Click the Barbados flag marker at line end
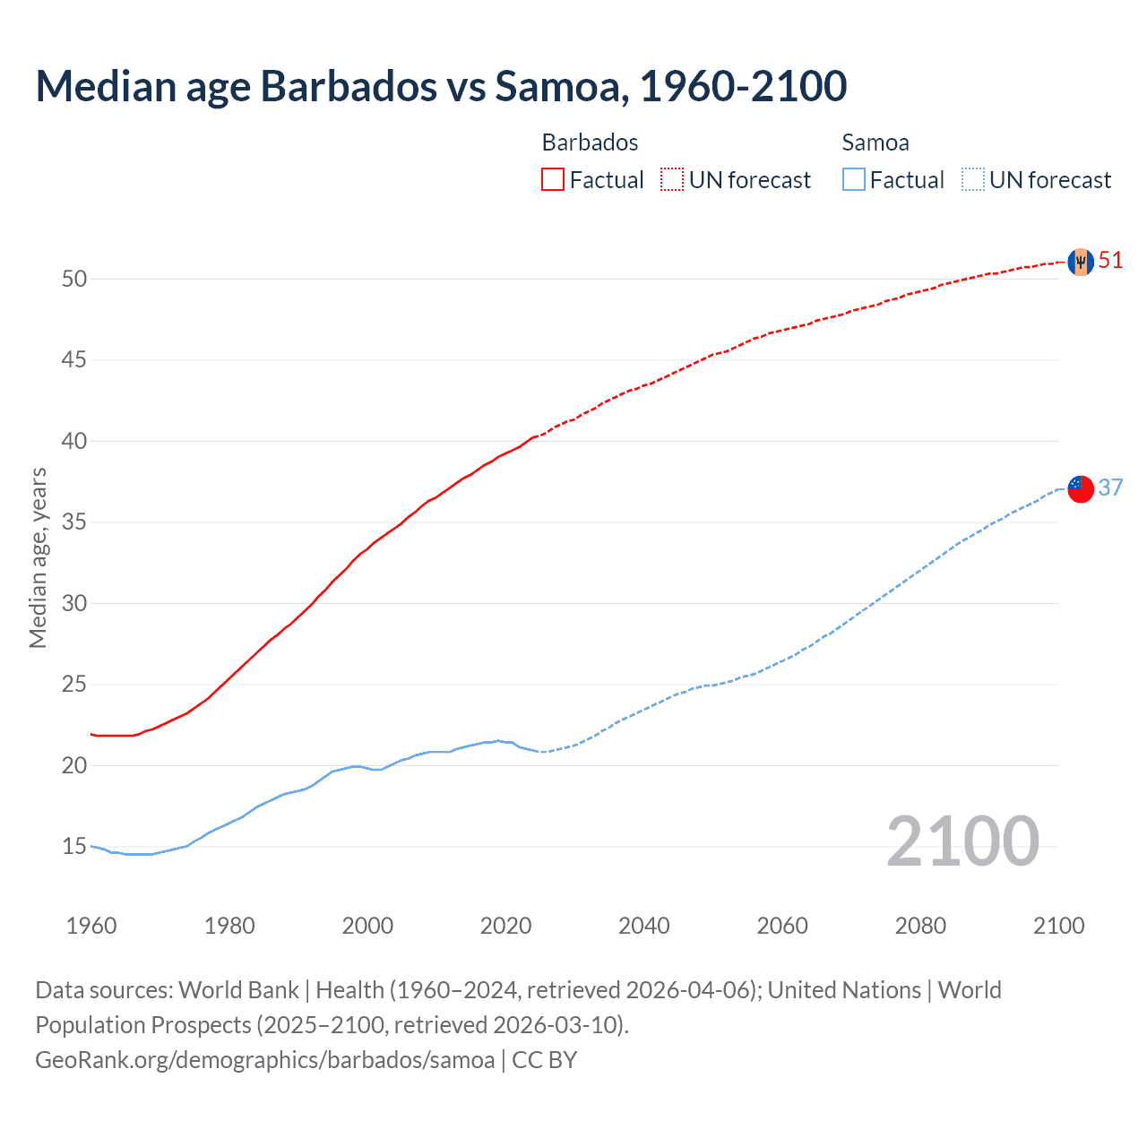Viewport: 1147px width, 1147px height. pyautogui.click(x=1081, y=262)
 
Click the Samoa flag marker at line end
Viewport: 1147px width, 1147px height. pyautogui.click(x=1081, y=488)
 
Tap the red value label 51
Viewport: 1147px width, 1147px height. pyautogui.click(x=1110, y=261)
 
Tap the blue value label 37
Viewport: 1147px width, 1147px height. pyautogui.click(x=1110, y=487)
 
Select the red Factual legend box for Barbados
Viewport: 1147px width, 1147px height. pyautogui.click(x=553, y=180)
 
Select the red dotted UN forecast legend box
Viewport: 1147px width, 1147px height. pyautogui.click(x=672, y=180)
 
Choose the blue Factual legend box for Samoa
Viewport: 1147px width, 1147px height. pyautogui.click(x=853, y=180)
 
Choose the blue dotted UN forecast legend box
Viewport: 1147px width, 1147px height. pyautogui.click(x=972, y=180)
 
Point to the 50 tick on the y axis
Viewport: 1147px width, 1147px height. pyautogui.click(x=74, y=279)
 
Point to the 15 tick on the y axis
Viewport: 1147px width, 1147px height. pyautogui.click(x=74, y=847)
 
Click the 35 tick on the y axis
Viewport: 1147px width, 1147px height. pyautogui.click(x=74, y=522)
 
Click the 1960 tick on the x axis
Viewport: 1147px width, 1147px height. pyautogui.click(x=91, y=926)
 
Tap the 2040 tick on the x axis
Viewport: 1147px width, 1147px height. pyautogui.click(x=644, y=926)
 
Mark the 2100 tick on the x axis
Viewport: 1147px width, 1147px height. pyautogui.click(x=1058, y=926)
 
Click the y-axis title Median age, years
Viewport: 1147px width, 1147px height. pyautogui.click(x=38, y=557)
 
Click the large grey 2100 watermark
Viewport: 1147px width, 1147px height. pyautogui.click(x=962, y=841)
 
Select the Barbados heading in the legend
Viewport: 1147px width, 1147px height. pyautogui.click(x=590, y=142)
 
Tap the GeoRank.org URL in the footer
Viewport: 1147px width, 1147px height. pyautogui.click(x=264, y=1060)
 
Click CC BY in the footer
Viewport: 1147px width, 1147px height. pyautogui.click(x=545, y=1060)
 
